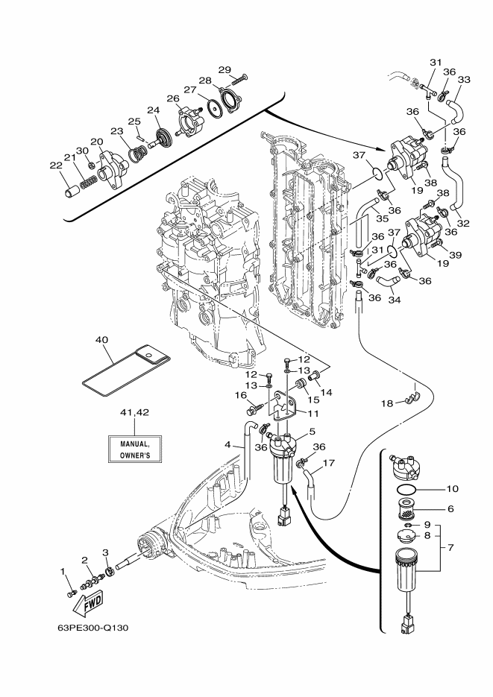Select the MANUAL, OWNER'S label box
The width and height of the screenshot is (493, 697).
coord(135,449)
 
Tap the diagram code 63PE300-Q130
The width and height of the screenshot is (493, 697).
coord(93,628)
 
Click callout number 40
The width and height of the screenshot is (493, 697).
coord(101,340)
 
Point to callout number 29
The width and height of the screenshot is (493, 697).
coord(225,70)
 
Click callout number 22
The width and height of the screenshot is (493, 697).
coord(56,165)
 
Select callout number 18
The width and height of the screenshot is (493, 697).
coord(387,403)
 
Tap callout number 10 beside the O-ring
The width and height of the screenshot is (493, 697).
coord(452,489)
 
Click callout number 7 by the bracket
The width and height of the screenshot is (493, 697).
coord(450,548)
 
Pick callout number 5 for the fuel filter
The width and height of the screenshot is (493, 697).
coord(313,431)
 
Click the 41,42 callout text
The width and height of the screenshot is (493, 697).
coord(135,412)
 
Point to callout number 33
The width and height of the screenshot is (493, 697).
coord(464,80)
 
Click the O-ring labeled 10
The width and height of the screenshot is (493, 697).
coord(406,490)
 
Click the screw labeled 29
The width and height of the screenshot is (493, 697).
coord(238,81)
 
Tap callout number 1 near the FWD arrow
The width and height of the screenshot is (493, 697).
coord(63,571)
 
